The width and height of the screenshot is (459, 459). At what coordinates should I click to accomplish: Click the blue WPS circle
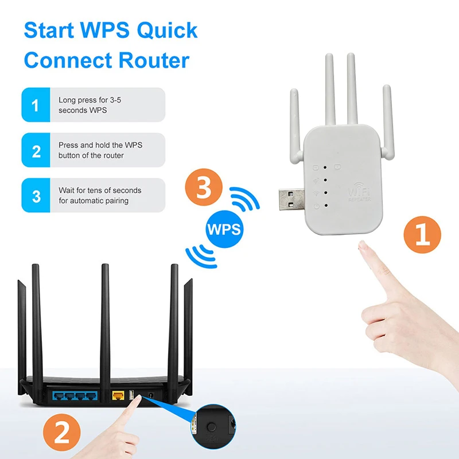click(224, 229)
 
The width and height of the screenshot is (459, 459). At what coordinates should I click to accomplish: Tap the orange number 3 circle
click(204, 187)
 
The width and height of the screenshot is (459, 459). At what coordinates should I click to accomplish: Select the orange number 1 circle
click(422, 235)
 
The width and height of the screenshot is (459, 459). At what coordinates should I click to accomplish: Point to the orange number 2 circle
click(62, 433)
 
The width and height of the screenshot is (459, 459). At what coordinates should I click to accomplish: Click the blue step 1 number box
click(36, 105)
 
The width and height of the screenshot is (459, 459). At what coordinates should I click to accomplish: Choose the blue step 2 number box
click(36, 150)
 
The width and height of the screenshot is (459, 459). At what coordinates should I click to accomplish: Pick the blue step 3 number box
click(36, 195)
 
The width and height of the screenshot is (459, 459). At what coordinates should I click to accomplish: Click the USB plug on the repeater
click(291, 199)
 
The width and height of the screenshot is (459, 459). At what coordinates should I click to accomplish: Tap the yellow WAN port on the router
click(118, 395)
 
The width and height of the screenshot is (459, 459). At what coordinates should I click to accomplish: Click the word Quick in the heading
click(167, 30)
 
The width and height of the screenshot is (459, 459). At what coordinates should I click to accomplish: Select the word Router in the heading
click(154, 60)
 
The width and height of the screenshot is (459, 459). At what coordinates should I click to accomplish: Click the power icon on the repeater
click(317, 206)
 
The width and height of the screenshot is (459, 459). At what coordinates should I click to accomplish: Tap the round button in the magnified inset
click(211, 427)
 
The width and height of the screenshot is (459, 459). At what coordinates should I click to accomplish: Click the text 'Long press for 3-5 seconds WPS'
click(90, 105)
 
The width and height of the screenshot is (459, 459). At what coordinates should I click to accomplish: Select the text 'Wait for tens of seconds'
click(100, 190)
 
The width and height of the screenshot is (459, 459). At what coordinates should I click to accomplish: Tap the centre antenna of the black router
click(105, 331)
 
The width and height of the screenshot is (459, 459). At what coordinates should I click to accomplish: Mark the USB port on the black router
click(131, 395)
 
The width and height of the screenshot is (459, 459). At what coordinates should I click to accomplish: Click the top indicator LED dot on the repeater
click(325, 168)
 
